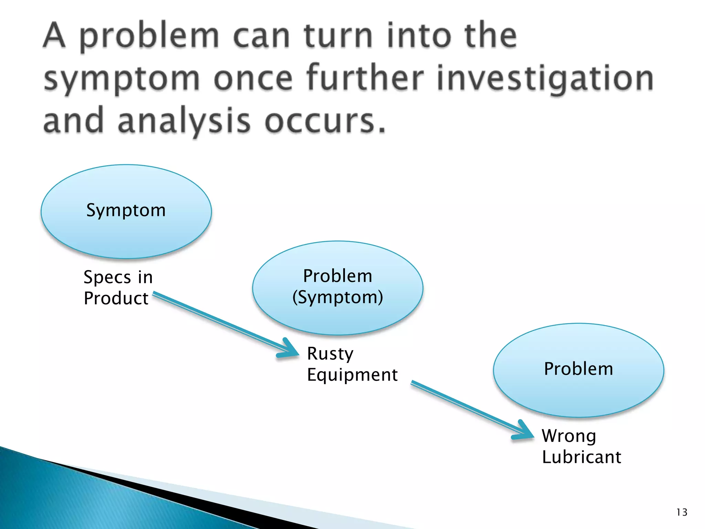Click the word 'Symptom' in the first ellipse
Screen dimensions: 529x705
pyautogui.click(x=126, y=210)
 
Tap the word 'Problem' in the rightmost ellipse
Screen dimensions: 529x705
pyautogui.click(x=578, y=369)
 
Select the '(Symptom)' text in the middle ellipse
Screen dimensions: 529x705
pyautogui.click(x=337, y=297)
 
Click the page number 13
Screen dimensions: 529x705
pyautogui.click(x=682, y=512)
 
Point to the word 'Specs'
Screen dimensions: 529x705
pyautogui.click(x=107, y=278)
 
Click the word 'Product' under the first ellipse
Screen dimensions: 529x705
pyautogui.click(x=116, y=298)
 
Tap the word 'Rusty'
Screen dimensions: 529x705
pyautogui.click(x=330, y=354)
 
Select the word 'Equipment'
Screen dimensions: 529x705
pyautogui.click(x=352, y=375)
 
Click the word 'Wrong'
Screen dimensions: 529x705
pyautogui.click(x=569, y=436)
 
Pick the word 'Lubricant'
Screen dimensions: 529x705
pyautogui.click(x=581, y=457)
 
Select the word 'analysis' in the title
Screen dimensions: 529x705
pyautogui.click(x=184, y=121)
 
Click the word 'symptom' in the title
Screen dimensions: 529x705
pyautogui.click(x=122, y=79)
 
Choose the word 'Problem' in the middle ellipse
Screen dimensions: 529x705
pyautogui.click(x=337, y=276)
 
